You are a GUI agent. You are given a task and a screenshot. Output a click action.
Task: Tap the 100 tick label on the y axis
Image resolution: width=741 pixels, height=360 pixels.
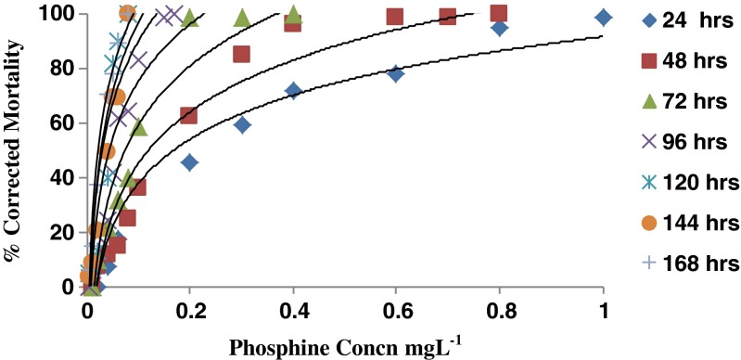56,13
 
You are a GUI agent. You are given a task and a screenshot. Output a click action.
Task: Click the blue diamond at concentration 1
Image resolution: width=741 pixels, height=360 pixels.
604,17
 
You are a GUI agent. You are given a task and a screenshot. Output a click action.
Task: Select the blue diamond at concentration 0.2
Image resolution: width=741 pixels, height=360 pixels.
189,162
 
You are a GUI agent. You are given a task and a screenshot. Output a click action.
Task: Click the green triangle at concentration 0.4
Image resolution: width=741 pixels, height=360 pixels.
293,14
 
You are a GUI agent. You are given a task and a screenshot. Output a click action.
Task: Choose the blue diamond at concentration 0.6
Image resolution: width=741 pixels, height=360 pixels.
396,74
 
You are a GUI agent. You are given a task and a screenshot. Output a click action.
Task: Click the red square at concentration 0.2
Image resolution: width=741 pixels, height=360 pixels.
188,115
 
